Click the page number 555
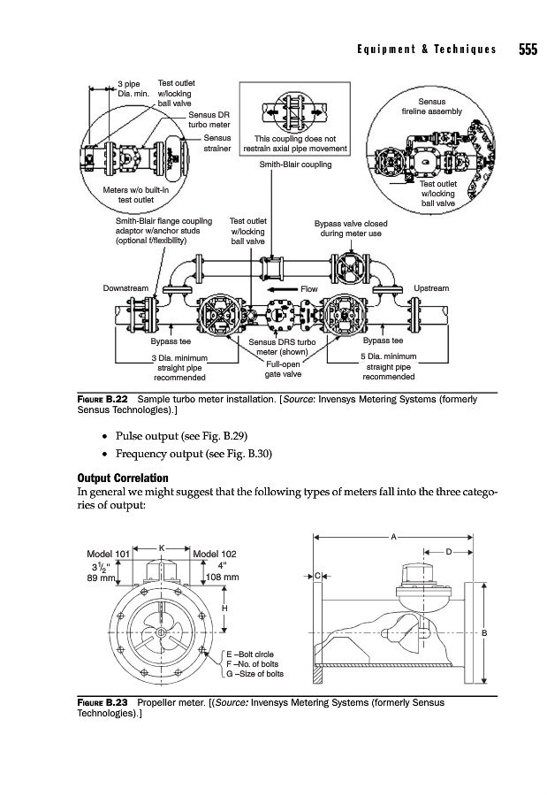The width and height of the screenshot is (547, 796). (528, 50)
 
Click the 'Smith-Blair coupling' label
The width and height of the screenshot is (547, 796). (295, 165)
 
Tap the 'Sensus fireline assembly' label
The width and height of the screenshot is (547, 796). (432, 107)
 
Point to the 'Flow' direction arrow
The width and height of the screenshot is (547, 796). (283, 289)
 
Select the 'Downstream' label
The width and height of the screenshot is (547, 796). (125, 288)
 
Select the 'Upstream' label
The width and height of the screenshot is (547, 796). (431, 288)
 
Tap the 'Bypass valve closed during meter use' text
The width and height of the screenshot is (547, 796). (351, 228)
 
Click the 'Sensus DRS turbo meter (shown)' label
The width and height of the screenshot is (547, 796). (282, 347)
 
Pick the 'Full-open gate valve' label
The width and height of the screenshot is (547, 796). (283, 369)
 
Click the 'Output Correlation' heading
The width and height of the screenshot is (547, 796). (123, 478)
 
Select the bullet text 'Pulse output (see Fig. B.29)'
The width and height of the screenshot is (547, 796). (182, 436)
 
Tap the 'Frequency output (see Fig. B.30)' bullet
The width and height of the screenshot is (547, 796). (194, 454)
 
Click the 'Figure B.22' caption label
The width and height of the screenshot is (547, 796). (103, 399)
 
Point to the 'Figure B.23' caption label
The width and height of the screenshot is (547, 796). (103, 702)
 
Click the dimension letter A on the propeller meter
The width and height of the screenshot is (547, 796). (393, 537)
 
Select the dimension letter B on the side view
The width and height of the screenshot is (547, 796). (484, 633)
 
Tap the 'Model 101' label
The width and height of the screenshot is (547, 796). (109, 554)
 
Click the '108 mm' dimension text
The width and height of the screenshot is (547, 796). (223, 578)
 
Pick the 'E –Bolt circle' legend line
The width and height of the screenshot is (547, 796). (250, 654)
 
